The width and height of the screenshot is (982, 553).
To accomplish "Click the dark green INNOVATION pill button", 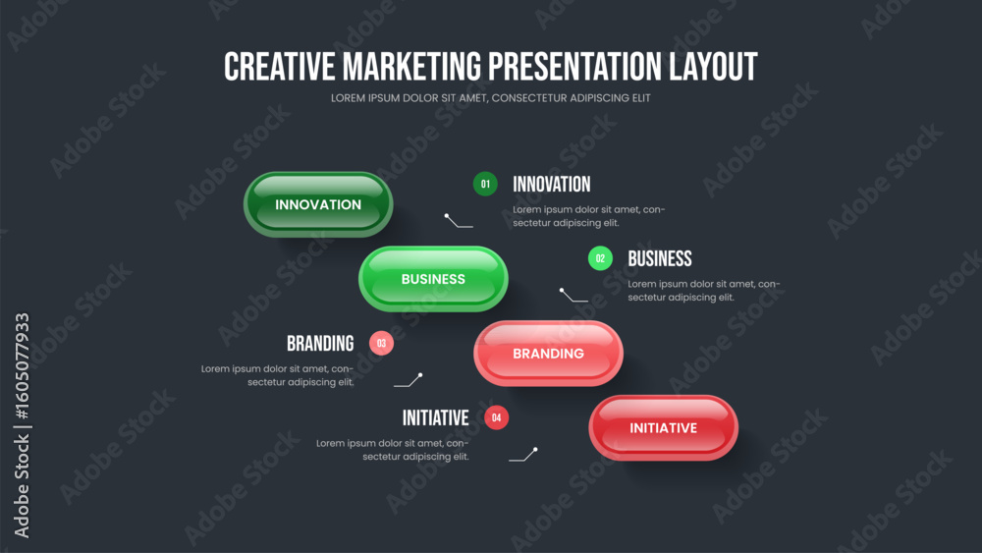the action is click(x=318, y=204).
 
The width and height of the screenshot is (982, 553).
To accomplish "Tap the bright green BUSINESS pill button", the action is click(x=433, y=279).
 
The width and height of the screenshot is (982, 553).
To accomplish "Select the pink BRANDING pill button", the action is click(x=549, y=354).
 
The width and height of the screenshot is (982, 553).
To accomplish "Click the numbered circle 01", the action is click(x=485, y=184).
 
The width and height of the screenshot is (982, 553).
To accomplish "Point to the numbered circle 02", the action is click(x=601, y=258).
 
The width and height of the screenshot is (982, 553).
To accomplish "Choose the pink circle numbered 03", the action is click(x=381, y=343).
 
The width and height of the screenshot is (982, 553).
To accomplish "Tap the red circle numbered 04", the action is click(x=497, y=417).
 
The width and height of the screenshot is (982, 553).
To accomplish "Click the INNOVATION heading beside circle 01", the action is click(x=552, y=184).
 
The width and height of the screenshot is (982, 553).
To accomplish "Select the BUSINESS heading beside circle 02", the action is click(x=660, y=258).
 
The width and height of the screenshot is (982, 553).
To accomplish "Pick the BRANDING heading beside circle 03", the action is click(x=320, y=343).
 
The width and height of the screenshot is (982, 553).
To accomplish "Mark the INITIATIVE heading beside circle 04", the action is click(x=435, y=417).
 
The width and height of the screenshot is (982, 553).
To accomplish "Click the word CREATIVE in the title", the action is click(x=280, y=67).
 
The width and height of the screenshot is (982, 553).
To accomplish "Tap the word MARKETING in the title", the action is click(x=412, y=67).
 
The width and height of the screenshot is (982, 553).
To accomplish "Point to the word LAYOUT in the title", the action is click(x=713, y=67).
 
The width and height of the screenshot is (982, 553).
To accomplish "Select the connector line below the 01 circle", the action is click(x=459, y=221).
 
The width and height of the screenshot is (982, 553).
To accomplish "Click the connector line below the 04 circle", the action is click(x=523, y=455).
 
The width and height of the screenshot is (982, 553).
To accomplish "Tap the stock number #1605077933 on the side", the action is click(x=22, y=365).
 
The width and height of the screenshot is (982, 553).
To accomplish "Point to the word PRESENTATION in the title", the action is click(x=574, y=67).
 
